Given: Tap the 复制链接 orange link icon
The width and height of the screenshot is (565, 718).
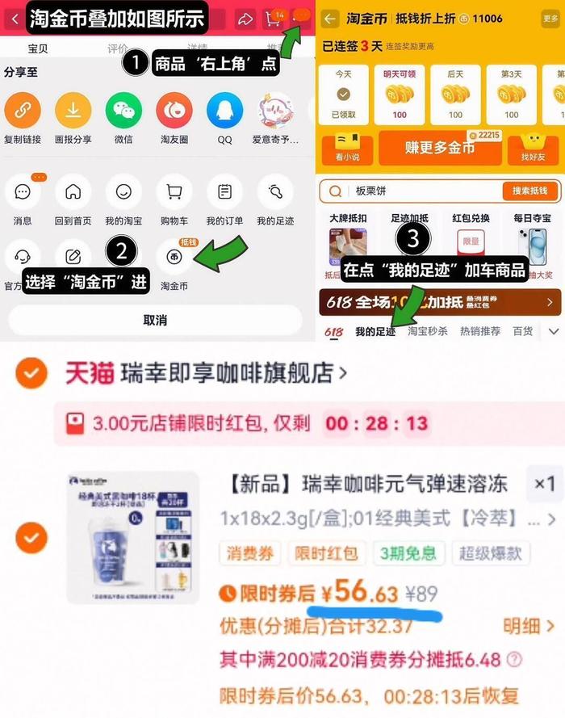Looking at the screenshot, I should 23,111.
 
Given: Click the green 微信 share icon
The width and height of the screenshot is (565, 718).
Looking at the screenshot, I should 123,111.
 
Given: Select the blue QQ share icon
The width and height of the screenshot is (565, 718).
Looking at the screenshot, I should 224,111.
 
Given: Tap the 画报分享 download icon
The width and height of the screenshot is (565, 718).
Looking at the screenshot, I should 73,111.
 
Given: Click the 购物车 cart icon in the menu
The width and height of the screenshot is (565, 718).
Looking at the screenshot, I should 174,192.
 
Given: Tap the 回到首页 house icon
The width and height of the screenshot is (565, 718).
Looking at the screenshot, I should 73,192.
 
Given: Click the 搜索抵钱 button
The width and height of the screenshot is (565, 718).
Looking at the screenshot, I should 529,191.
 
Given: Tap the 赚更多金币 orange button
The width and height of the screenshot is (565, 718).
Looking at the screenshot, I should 439,148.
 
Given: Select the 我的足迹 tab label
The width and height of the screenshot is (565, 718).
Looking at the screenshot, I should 375,332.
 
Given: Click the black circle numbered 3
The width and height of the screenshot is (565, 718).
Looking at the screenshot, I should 412,238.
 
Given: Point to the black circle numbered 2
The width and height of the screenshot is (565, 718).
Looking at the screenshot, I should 121,251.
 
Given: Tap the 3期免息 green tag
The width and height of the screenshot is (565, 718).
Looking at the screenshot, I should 408,553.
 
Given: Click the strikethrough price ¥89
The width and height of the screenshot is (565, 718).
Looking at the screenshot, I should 421,595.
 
